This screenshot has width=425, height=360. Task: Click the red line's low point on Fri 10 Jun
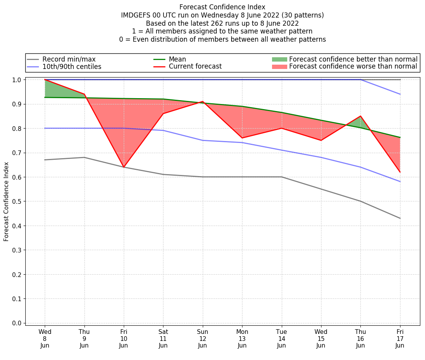tap(124, 167)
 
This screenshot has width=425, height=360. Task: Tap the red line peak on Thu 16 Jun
tap(360, 116)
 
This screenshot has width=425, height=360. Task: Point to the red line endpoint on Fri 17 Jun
tap(400, 172)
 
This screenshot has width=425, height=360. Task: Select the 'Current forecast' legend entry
tap(195, 67)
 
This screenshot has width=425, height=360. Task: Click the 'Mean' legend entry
tap(177, 59)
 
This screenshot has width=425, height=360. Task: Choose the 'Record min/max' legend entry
tap(68, 59)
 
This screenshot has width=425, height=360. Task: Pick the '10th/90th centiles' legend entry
tap(72, 67)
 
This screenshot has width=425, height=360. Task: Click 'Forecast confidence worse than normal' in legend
tap(353, 67)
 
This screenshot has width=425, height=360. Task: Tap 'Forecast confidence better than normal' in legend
tap(353, 59)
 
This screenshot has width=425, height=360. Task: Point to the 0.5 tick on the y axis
tap(17, 201)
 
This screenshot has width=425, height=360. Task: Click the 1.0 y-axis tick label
tap(17, 80)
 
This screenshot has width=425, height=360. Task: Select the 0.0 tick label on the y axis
tap(17, 323)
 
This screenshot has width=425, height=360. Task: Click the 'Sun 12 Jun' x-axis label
tap(202, 338)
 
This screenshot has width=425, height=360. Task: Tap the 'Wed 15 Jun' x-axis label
tap(321, 338)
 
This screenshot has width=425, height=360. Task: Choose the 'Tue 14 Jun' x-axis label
tap(281, 338)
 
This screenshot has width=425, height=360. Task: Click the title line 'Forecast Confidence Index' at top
tap(222, 7)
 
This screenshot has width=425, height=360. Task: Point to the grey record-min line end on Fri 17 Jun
tap(400, 218)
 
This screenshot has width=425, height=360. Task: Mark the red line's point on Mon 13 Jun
tap(242, 138)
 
